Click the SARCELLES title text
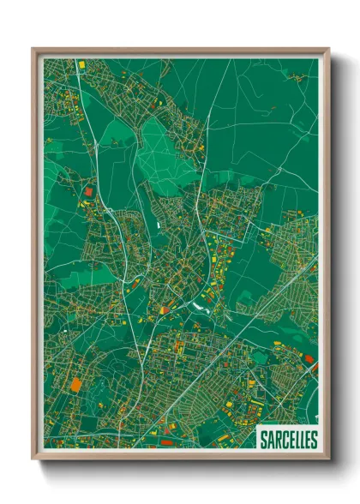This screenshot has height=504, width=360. click(288, 440)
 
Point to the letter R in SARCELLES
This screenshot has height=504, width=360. click(279, 440)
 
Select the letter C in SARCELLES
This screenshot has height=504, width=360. click(286, 440)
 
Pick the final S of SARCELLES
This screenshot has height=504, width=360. click(313, 440)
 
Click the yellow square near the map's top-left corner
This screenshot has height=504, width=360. click(82, 64)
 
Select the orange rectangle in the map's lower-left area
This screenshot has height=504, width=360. click(76, 384)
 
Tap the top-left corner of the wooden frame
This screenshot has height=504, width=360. click(33, 50)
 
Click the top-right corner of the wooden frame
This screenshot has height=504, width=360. click(327, 50)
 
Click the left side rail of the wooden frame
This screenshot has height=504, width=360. click(35, 257)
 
